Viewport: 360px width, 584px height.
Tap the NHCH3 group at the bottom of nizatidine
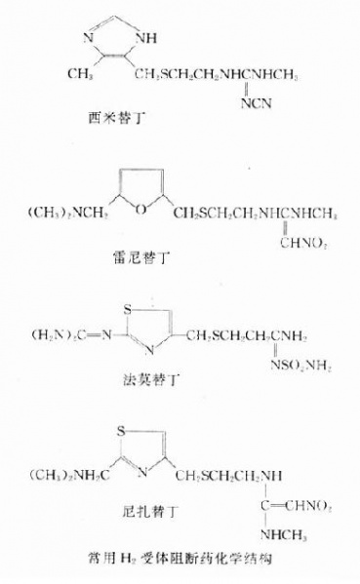[278, 535]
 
